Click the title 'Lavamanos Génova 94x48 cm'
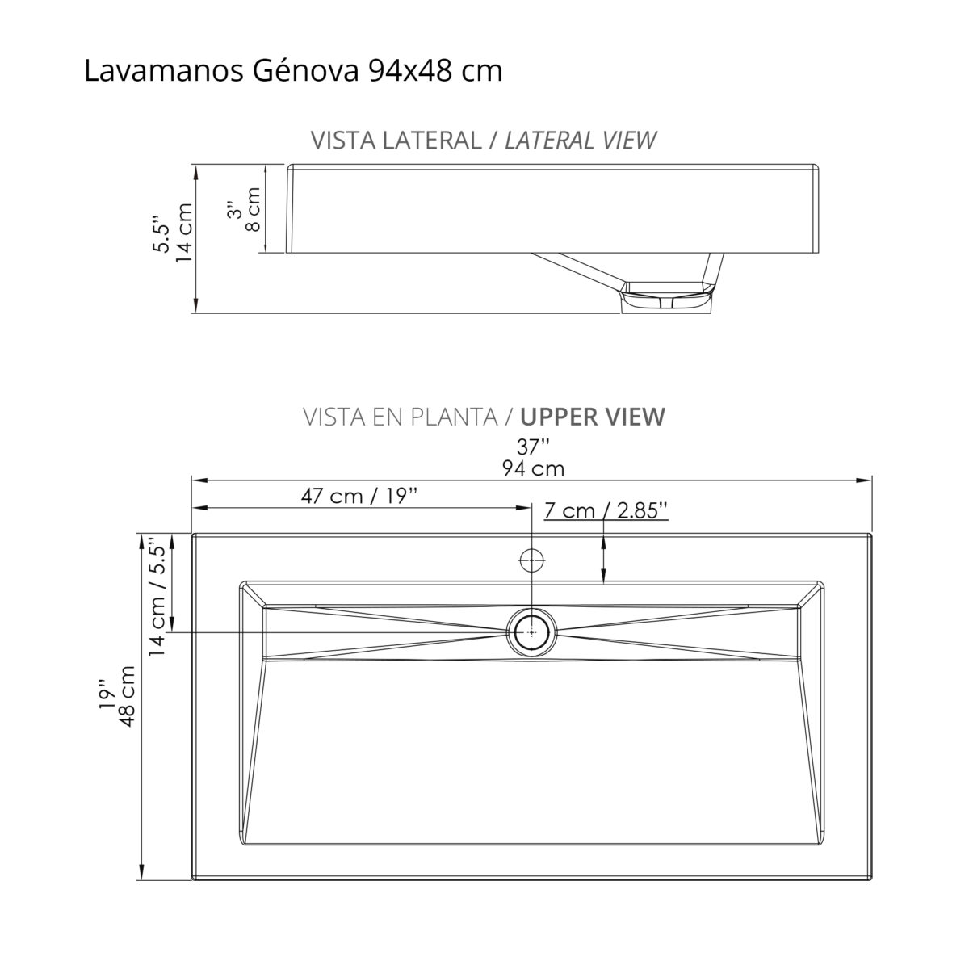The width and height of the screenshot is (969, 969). (293, 71)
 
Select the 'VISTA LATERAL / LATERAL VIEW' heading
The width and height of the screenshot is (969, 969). (483, 140)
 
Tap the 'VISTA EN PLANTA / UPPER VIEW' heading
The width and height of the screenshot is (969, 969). (484, 417)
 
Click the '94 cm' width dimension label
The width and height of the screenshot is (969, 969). (532, 468)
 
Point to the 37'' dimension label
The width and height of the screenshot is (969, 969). (532, 445)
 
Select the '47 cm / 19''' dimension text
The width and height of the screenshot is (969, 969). (359, 495)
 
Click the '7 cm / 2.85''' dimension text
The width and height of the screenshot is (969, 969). (606, 510)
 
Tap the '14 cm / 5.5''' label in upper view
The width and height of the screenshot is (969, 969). (157, 595)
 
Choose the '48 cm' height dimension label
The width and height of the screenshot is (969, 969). (126, 696)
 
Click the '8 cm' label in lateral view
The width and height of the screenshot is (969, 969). (253, 209)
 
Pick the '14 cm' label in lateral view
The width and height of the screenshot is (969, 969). (184, 233)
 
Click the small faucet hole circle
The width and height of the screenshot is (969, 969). (531, 559)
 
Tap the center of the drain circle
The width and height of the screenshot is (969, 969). (531, 631)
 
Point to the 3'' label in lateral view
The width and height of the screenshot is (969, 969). (234, 210)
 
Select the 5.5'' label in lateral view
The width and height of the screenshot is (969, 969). (162, 234)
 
